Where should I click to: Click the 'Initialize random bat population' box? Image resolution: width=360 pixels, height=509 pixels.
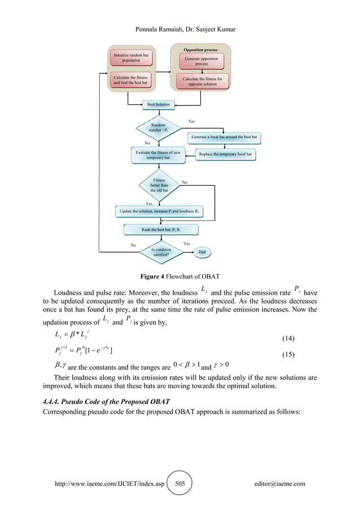coord(131,58)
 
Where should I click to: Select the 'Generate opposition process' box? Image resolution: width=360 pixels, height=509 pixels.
coord(201,60)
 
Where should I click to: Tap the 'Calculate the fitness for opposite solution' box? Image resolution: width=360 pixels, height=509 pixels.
coord(201,82)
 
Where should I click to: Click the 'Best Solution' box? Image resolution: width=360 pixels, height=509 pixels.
coord(158,104)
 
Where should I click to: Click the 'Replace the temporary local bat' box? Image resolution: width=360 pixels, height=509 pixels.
coord(225,154)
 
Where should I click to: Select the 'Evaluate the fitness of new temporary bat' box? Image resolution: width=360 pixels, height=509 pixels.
coord(158,155)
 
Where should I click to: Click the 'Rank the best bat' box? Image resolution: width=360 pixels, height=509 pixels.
coord(161,230)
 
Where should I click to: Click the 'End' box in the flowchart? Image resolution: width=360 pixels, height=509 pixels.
coord(201,252)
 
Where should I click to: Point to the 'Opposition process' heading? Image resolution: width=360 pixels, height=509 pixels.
coord(201,50)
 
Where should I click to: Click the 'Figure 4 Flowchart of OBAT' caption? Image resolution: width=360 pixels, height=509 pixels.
coord(179,277)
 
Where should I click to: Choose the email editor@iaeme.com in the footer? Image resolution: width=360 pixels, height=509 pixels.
coord(280,484)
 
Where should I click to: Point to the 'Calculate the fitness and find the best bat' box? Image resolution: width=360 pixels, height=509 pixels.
coord(131,80)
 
